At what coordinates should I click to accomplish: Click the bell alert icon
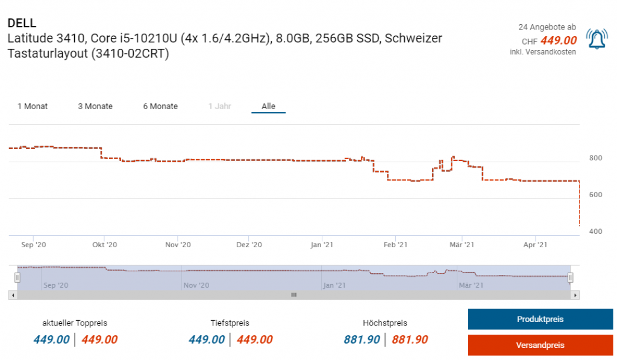[597, 39]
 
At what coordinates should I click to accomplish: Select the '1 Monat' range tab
[33, 106]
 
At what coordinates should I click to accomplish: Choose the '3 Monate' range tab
[95, 106]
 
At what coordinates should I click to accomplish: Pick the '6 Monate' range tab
[160, 106]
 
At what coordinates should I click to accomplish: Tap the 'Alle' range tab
[268, 106]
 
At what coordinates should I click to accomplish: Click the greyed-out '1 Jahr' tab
[219, 106]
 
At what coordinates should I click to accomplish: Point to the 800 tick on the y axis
[595, 158]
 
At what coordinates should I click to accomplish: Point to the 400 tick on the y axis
[595, 232]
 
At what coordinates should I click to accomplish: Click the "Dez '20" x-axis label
[249, 245]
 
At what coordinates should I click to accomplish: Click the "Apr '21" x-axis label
[535, 245]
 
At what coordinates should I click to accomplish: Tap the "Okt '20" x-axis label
[104, 245]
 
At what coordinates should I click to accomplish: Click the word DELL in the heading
[22, 23]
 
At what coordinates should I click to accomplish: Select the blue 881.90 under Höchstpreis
[362, 339]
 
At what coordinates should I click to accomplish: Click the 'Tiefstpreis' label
[230, 323]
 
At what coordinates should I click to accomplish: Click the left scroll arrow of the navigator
[12, 295]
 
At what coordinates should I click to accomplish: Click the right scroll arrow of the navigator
[575, 295]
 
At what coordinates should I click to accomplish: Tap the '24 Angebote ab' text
[547, 27]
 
